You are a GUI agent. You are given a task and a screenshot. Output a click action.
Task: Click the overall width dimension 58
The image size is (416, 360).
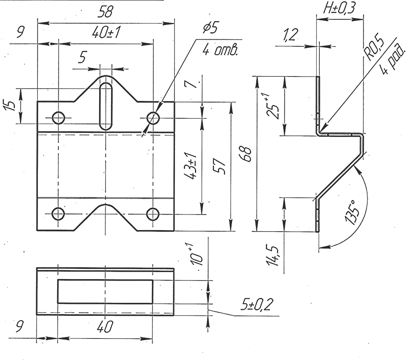[105, 12]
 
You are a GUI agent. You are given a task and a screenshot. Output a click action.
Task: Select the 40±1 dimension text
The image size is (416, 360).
[106, 33]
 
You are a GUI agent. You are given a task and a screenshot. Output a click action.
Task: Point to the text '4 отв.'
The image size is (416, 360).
[220, 50]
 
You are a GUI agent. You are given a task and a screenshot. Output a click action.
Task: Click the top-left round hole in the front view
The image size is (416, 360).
[58, 118]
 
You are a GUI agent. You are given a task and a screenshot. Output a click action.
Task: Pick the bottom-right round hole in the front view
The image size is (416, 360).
[153, 214]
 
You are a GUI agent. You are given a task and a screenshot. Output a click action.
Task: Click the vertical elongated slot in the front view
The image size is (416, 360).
[106, 106]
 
